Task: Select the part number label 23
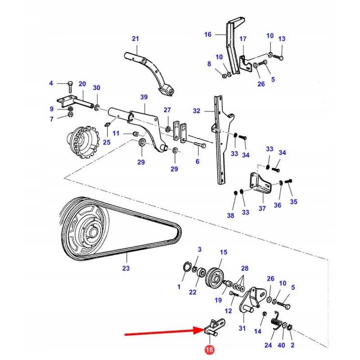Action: tap(126, 269)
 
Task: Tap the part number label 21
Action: tap(135, 39)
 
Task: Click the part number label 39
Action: tap(144, 97)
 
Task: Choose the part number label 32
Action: tap(197, 111)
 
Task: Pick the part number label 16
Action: tap(207, 35)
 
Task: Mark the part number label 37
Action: tap(262, 208)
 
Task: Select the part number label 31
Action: tap(242, 328)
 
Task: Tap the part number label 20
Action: tap(82, 84)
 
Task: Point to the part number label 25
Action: tap(107, 142)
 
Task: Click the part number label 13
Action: tap(282, 39)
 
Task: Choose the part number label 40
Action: tap(282, 345)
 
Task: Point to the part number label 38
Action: tap(230, 216)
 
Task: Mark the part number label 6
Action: tap(197, 162)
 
